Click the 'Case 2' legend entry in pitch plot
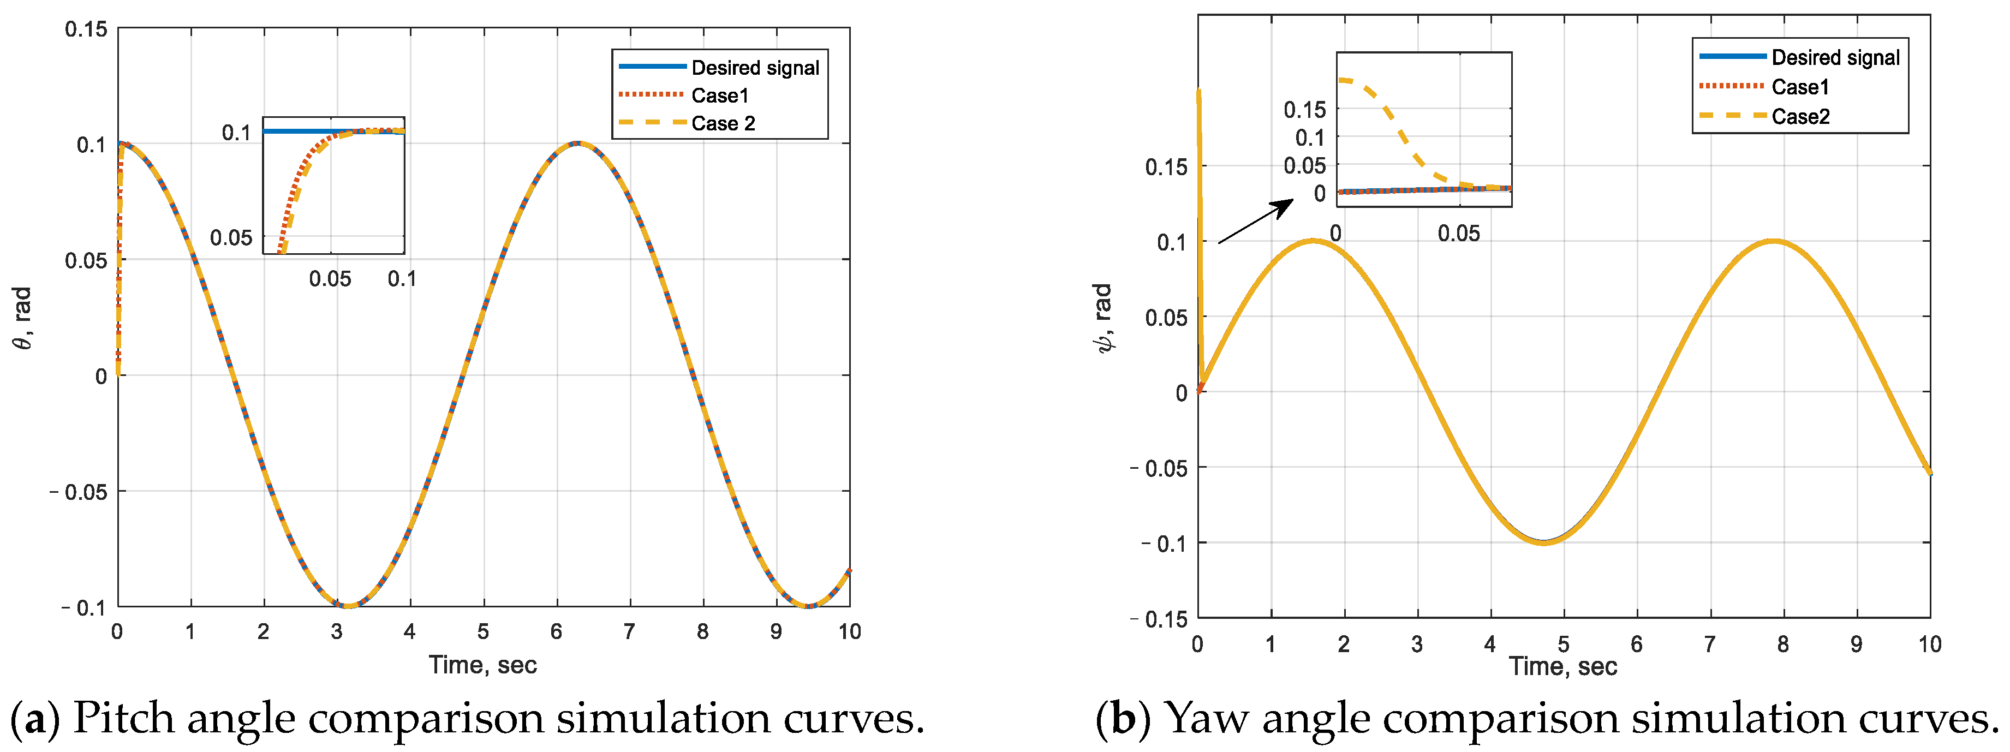[x=723, y=123]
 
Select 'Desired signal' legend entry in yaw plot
[x=1835, y=58]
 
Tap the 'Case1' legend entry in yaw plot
[x=1800, y=87]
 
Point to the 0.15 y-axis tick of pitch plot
[x=86, y=29]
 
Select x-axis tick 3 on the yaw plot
[x=1417, y=644]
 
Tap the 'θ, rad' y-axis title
[x=23, y=318]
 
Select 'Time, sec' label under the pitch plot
[x=482, y=665]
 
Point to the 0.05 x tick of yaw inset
[x=1458, y=233]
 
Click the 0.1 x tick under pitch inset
[x=402, y=278]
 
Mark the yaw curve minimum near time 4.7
[x=1543, y=542]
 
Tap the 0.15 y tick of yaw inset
[x=1305, y=110]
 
